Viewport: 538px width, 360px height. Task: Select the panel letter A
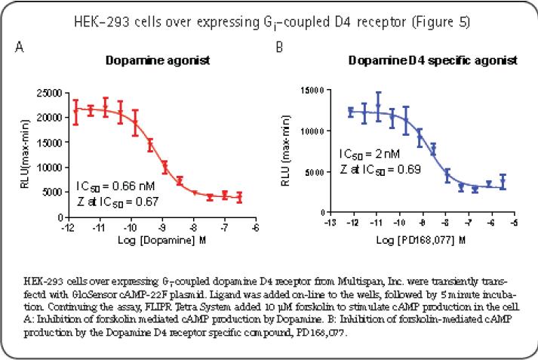tap(20, 48)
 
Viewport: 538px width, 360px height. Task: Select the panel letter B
tap(279, 48)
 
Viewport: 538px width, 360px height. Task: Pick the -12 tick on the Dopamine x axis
tap(68, 226)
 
